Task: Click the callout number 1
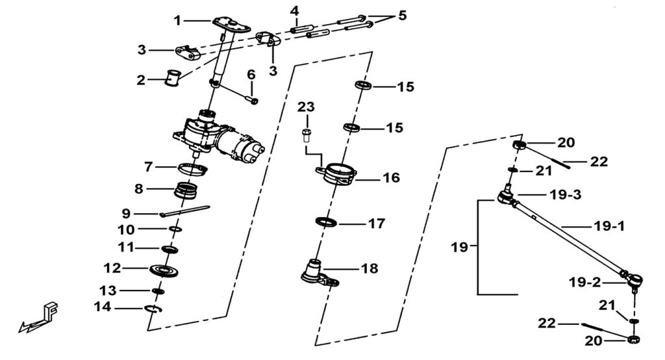(177, 21)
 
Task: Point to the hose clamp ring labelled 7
(193, 170)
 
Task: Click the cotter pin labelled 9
(184, 211)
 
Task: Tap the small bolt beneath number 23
(307, 136)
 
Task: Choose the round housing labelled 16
(338, 175)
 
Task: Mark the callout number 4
(295, 12)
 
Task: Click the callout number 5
(403, 15)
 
